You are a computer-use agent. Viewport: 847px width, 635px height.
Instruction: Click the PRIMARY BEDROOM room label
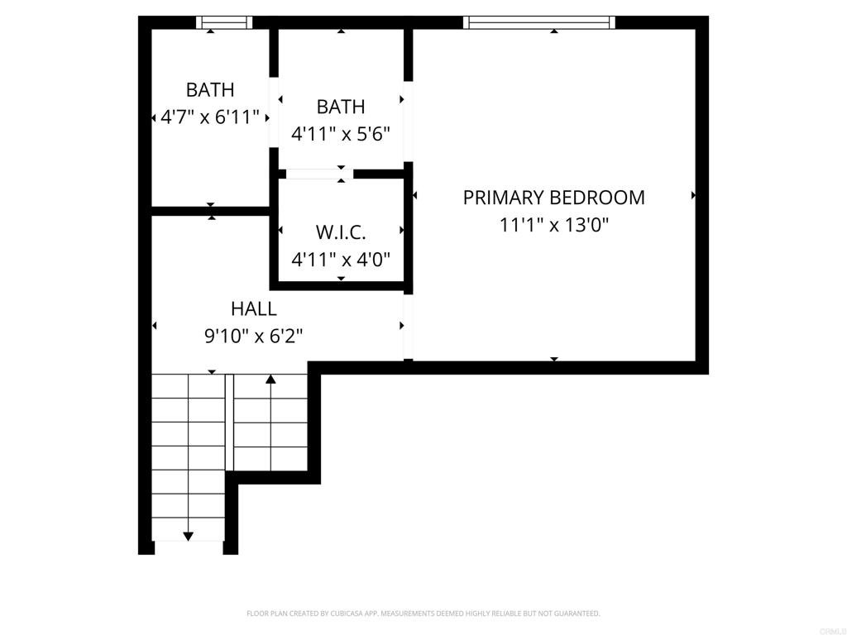[x=553, y=198]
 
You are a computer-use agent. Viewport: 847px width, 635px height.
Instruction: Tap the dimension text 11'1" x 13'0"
[x=553, y=224]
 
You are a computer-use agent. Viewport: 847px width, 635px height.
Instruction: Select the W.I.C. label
[x=341, y=232]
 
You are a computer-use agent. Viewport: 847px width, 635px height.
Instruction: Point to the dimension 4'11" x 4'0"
[x=341, y=259]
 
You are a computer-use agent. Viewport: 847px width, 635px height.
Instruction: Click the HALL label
[x=254, y=309]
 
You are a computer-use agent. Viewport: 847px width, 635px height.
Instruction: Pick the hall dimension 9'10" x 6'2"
[x=254, y=336]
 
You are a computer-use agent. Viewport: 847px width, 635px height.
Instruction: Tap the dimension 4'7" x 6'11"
[x=210, y=117]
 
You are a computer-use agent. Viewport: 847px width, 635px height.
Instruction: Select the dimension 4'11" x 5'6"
[x=341, y=133]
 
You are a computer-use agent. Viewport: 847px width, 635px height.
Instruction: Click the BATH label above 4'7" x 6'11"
[x=210, y=89]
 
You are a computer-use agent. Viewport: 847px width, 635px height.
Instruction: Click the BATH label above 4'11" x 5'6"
[x=341, y=107]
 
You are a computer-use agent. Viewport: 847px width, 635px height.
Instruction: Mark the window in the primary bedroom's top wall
[x=539, y=22]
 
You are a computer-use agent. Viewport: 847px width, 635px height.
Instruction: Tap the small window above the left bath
[x=224, y=22]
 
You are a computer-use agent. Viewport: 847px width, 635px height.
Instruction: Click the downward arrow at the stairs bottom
[x=188, y=537]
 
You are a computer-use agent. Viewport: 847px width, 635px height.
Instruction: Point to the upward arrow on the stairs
[x=270, y=380]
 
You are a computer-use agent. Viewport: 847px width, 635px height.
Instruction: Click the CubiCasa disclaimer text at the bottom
[x=423, y=614]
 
